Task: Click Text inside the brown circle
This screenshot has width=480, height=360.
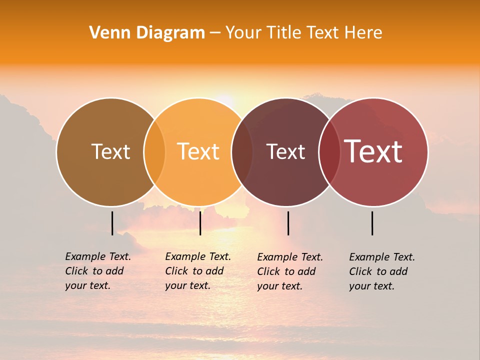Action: coord(110,151)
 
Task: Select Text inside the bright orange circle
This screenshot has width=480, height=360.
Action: coord(198,151)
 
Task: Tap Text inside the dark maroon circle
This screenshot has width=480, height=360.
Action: coord(285,151)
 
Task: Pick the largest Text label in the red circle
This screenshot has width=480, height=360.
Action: coord(373,151)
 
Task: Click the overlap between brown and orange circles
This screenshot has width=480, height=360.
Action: coord(154,152)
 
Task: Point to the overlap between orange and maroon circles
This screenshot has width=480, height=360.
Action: coord(242,152)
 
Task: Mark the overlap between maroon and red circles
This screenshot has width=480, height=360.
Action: coord(329,152)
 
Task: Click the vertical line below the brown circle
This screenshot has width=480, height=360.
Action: coord(112,223)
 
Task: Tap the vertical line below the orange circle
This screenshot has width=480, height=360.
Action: coord(200,223)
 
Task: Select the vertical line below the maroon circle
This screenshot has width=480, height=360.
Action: coord(288,223)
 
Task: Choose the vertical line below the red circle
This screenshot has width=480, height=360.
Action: coord(372,223)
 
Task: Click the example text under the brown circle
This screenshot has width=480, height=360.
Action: coord(97,271)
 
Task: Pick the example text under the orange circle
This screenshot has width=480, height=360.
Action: coord(197,271)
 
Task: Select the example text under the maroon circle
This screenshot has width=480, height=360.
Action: coord(289,271)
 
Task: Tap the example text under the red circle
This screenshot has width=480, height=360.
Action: coord(381,271)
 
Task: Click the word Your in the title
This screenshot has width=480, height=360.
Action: coord(244,33)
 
